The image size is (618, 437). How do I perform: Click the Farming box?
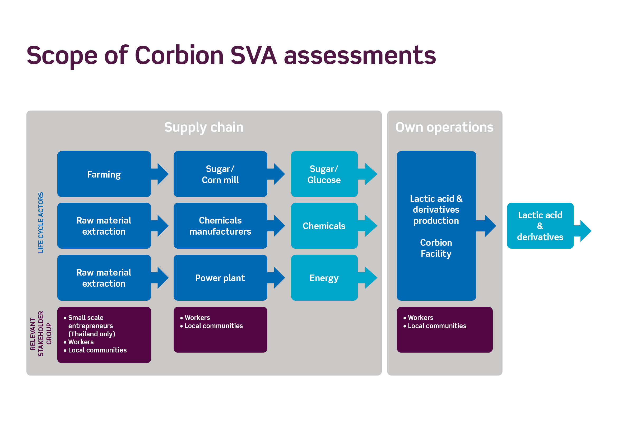(x=104, y=174)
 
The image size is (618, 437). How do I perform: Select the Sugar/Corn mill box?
(x=220, y=174)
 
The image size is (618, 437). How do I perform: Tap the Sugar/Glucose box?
(x=324, y=174)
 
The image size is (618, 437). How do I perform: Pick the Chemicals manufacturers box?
(x=220, y=226)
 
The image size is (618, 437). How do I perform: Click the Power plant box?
(x=220, y=278)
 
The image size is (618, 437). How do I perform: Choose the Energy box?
(x=324, y=278)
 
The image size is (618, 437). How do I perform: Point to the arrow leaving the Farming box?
(x=160, y=174)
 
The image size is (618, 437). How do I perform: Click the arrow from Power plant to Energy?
(x=276, y=278)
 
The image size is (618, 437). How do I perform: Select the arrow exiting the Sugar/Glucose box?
(x=368, y=174)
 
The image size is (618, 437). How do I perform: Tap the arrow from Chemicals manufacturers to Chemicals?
(x=276, y=226)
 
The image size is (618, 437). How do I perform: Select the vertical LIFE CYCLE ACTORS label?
(x=41, y=222)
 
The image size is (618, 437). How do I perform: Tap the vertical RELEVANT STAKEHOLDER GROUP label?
(x=41, y=334)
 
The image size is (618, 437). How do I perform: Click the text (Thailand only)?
(x=92, y=334)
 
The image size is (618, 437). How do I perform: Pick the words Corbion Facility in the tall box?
(x=436, y=248)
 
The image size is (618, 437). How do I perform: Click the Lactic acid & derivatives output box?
(x=540, y=226)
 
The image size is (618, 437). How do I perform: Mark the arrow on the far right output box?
(x=583, y=231)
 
